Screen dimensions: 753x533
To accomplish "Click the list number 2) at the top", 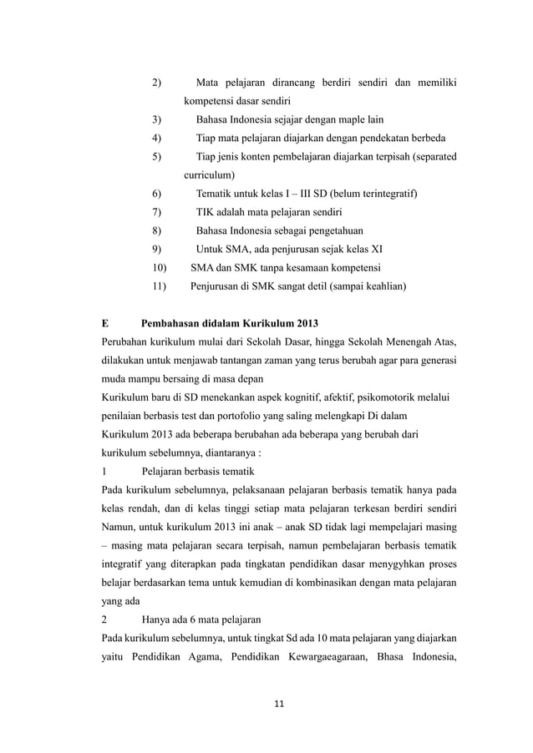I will (156, 83).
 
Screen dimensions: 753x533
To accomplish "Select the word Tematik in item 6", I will (216, 194).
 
